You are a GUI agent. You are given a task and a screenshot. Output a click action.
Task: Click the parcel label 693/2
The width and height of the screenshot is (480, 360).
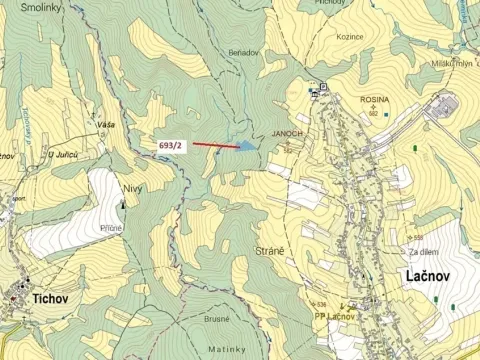171,146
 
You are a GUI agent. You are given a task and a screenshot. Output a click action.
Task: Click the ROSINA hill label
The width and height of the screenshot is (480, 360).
375,100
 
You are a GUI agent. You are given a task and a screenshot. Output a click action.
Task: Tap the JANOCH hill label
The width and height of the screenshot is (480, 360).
287,133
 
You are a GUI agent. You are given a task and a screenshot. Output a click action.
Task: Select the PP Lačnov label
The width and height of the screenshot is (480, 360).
335,317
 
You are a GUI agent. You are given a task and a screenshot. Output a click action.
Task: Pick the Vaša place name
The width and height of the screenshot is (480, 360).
106,125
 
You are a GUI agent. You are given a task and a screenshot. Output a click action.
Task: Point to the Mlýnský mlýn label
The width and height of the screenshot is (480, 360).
450,62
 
